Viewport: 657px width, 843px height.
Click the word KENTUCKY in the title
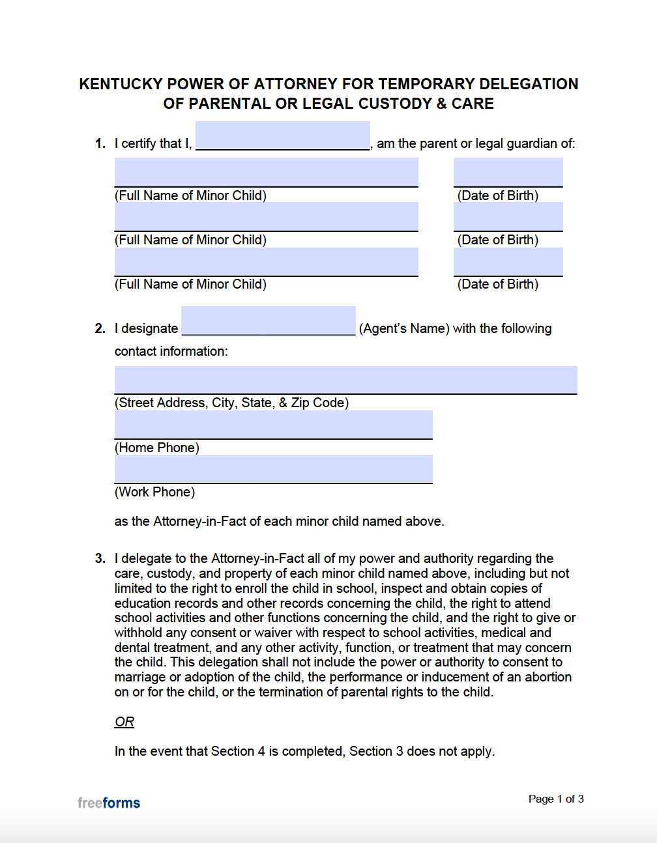[x=121, y=84]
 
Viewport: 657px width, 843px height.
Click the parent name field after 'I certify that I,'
[x=282, y=136]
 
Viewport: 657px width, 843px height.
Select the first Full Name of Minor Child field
[x=266, y=173]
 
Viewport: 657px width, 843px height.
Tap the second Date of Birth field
[x=508, y=217]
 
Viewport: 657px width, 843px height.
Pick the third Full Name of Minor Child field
[x=266, y=262]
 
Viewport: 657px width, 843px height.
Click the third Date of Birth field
[x=508, y=262]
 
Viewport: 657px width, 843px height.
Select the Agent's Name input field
[x=268, y=321]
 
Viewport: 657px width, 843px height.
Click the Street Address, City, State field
[x=345, y=380]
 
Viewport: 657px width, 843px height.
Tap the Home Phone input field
[x=273, y=425]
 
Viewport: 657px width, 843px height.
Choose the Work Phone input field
[x=273, y=469]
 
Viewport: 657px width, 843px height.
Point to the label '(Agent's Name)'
[x=404, y=328]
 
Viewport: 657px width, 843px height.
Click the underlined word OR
[x=124, y=722]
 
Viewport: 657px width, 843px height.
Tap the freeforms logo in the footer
[x=109, y=803]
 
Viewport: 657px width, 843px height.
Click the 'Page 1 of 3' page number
[x=556, y=799]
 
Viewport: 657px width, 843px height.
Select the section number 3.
[x=100, y=558]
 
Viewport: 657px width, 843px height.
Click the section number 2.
[x=100, y=328]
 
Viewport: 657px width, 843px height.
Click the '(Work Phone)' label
[x=155, y=492]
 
